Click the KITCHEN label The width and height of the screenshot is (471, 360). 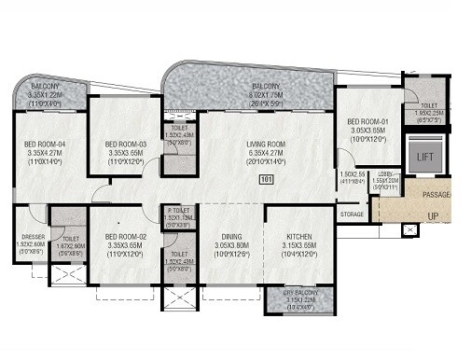point(298,237)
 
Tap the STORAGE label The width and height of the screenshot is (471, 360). point(353,214)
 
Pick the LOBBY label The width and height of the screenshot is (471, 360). point(387,173)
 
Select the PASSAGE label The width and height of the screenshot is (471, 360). point(436,195)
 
